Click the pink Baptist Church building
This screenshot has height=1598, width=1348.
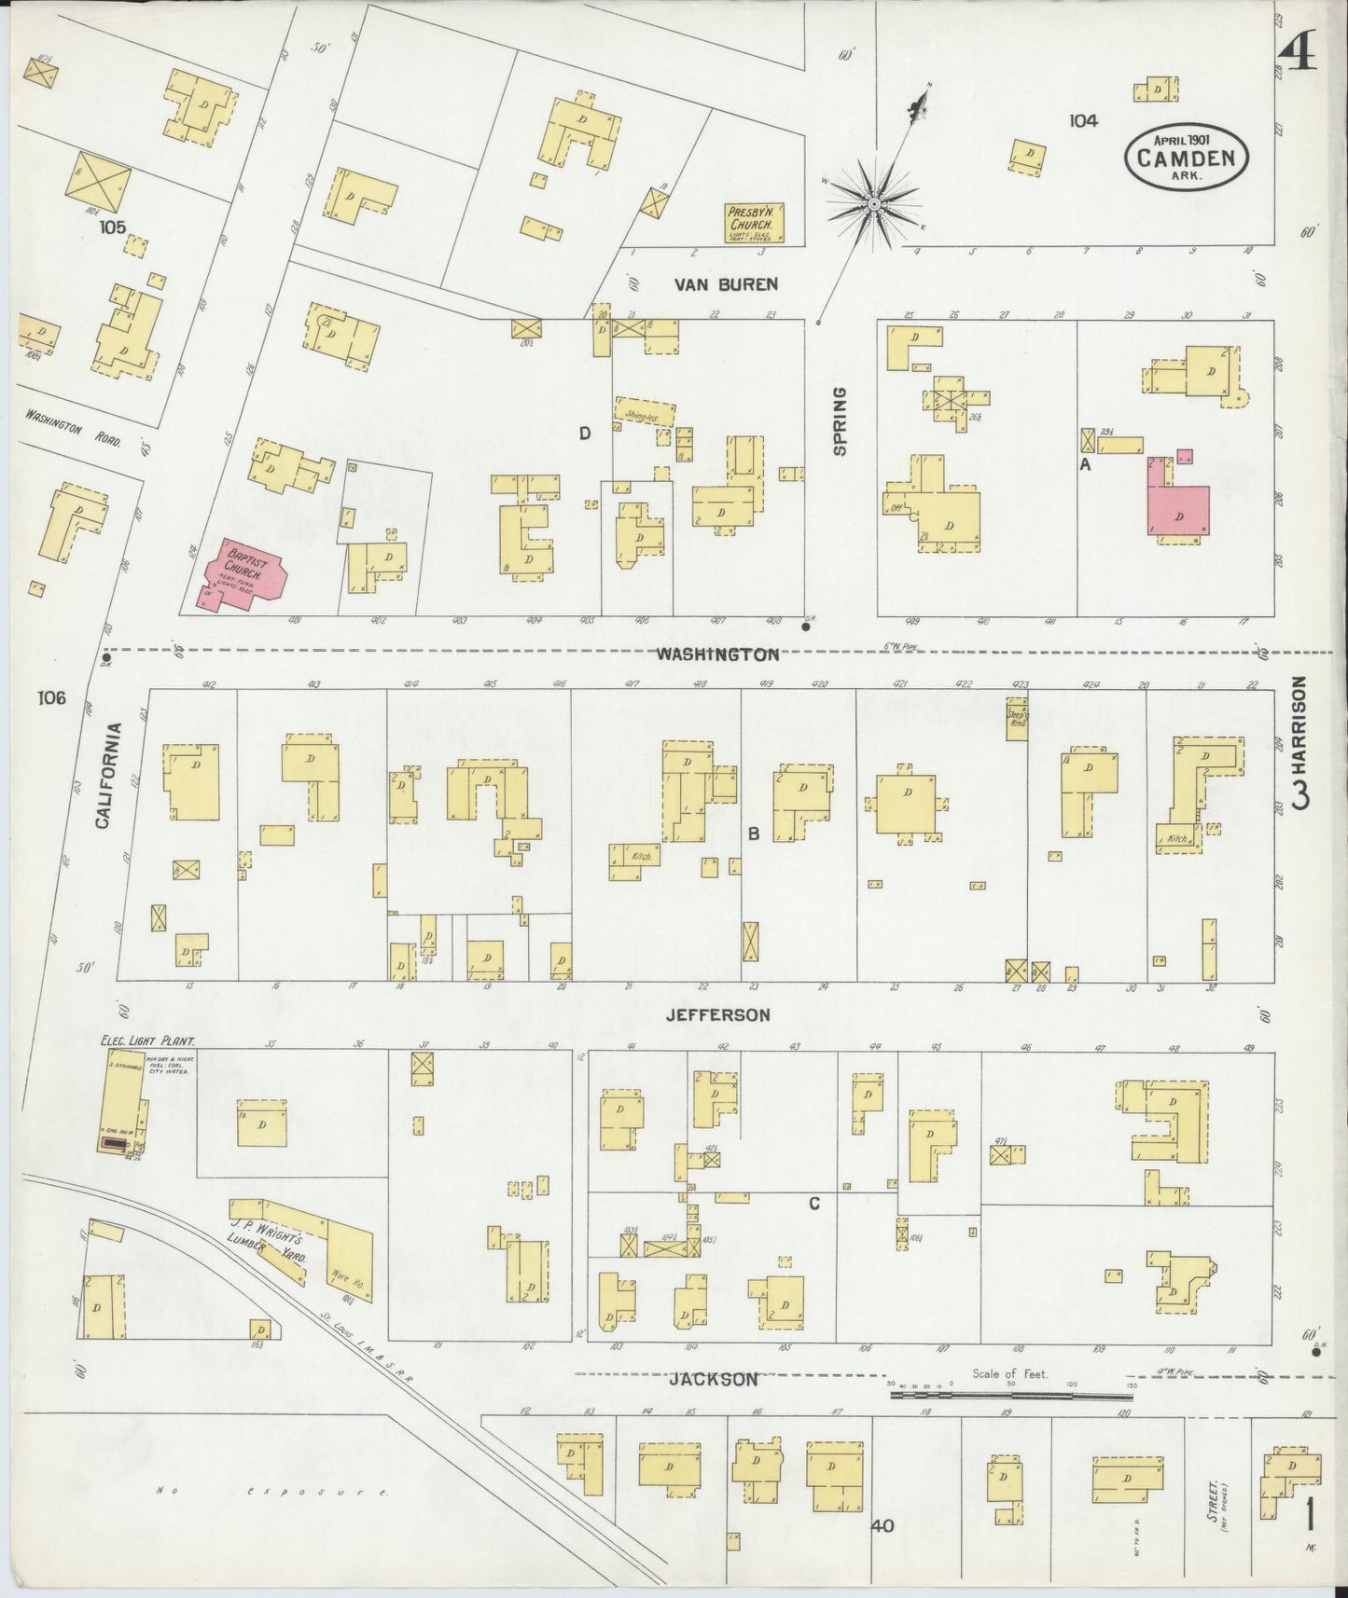click(241, 573)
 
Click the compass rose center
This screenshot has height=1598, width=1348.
click(875, 203)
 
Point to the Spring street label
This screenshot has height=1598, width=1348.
click(840, 422)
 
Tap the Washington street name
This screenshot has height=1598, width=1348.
click(716, 654)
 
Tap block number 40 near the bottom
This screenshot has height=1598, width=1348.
click(882, 1525)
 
